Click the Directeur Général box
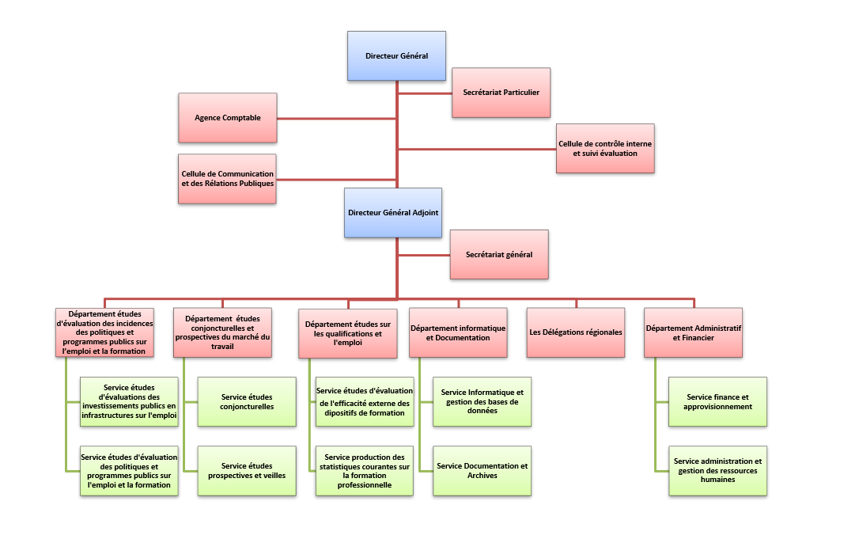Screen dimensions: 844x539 coord(397,56)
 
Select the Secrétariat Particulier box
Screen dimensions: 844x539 coord(501,93)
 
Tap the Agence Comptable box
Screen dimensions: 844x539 coord(228,118)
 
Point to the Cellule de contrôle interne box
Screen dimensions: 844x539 coord(606,149)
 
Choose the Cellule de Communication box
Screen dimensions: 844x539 coord(227,179)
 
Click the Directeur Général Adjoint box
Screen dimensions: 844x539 coord(393,213)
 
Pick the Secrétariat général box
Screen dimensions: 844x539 coord(499,255)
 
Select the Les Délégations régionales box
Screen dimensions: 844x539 coord(576,332)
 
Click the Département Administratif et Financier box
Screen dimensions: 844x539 coord(693,332)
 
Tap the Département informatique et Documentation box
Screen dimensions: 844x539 coord(458,332)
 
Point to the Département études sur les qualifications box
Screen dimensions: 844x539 coord(348,334)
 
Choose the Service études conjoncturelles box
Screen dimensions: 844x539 coord(247,402)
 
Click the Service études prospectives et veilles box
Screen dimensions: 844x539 coord(247,471)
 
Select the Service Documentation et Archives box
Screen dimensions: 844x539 coord(483,471)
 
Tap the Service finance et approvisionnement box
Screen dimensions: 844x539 coord(718,402)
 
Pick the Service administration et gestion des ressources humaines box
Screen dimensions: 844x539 coord(718,471)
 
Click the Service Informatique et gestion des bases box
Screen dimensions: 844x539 coord(483,402)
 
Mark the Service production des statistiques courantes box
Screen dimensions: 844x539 coord(365,471)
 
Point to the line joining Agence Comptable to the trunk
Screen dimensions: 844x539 coord(337,119)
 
